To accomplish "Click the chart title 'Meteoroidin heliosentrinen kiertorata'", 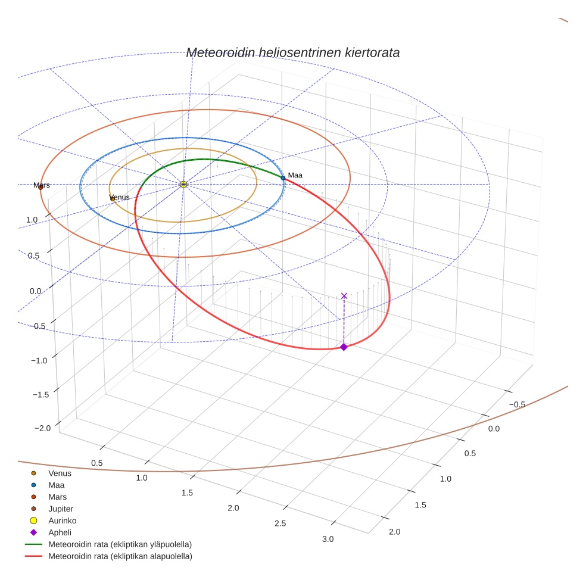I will coord(292,52).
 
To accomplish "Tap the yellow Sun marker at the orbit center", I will coord(183,185).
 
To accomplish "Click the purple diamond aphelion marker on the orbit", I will coord(344,347).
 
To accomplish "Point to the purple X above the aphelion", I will coord(344,295).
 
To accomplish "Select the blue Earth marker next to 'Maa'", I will coord(283,177).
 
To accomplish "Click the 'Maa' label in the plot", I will coord(295,175).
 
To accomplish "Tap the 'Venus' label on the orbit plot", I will coord(120,197).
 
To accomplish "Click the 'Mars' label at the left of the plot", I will coord(42,185).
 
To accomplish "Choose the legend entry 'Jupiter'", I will coord(60,509).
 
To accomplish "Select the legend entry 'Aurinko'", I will coord(62,520).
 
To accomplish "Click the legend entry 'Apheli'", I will coord(60,532).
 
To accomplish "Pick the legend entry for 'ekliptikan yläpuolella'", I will coord(120,544).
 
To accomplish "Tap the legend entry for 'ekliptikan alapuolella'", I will coord(120,556).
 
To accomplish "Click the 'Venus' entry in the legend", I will coord(60,473).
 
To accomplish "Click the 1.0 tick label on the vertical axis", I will coord(32,220).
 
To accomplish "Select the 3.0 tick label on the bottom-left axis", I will coord(328,539).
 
